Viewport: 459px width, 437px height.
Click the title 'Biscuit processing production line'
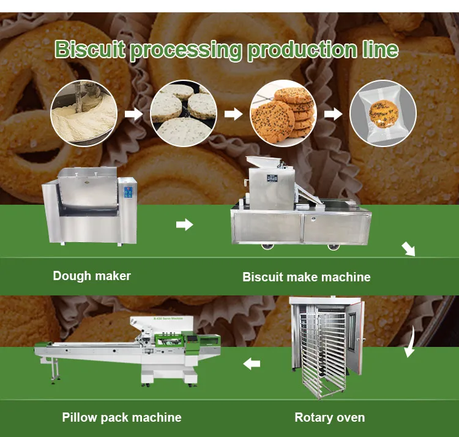tap(226, 50)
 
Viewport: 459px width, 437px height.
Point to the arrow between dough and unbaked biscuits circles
tap(133, 114)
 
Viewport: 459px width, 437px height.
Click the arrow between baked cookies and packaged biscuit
tap(333, 114)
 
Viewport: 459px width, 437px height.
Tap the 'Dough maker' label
tap(92, 276)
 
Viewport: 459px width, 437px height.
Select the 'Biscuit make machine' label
tap(306, 277)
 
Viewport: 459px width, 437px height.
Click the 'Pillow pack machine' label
tap(122, 417)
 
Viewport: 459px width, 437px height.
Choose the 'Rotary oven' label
tap(329, 417)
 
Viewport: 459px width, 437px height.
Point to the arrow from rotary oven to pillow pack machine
tap(252, 364)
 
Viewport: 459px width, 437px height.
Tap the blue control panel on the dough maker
tap(129, 192)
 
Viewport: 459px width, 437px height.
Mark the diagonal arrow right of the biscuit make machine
tap(408, 248)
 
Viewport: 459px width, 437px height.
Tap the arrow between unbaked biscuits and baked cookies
tap(233, 114)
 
